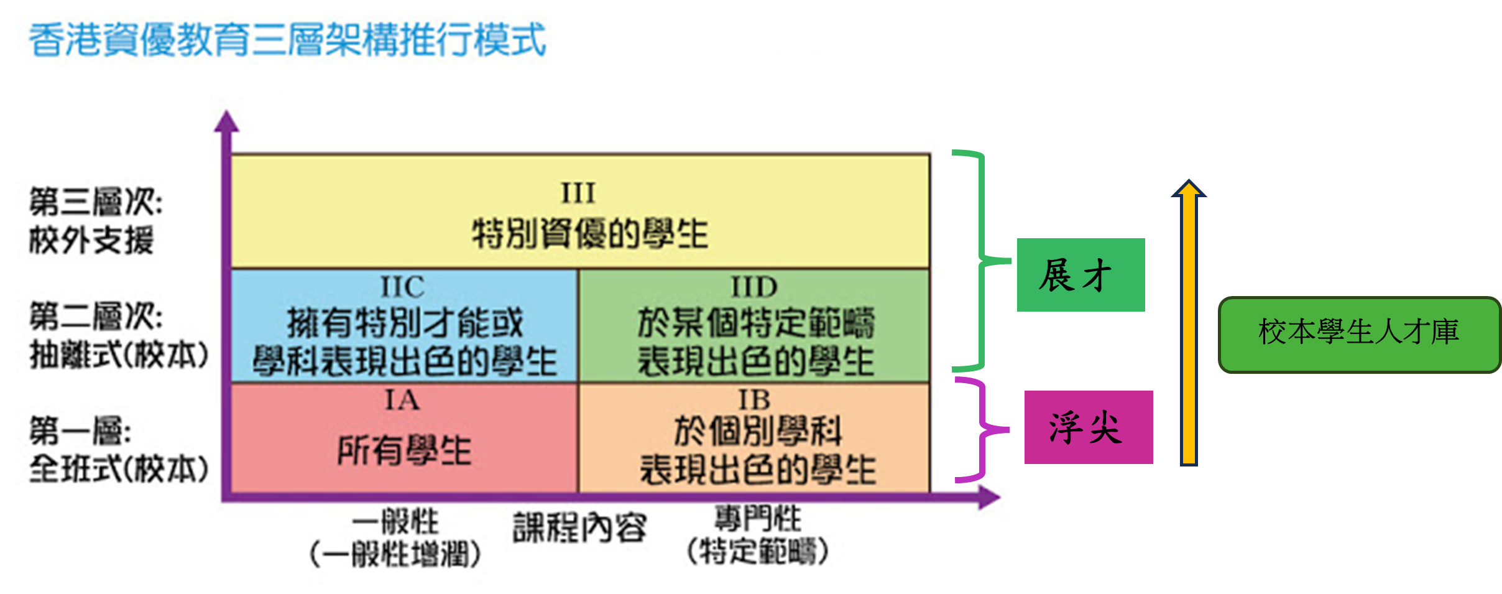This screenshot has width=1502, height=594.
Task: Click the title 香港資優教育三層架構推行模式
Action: (x=287, y=40)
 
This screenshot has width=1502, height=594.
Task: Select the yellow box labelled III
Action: (x=580, y=211)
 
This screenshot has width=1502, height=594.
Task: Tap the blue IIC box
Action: (x=404, y=326)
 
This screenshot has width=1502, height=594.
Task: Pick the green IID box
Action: (x=754, y=326)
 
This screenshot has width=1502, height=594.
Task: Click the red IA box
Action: (x=404, y=438)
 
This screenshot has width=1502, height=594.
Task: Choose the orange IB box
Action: (x=754, y=438)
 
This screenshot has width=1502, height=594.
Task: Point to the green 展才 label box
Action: (x=1080, y=275)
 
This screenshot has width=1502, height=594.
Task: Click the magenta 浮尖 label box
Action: (x=1089, y=427)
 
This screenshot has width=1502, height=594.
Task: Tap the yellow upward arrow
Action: (x=1189, y=323)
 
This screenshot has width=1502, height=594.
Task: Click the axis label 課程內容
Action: (x=579, y=527)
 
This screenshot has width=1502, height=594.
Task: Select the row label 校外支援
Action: (x=91, y=241)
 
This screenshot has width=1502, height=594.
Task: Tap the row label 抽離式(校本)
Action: (x=119, y=356)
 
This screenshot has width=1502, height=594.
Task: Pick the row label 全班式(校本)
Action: (x=119, y=469)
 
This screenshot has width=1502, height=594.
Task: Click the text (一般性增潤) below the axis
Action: (x=395, y=554)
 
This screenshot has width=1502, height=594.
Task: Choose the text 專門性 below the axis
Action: (x=757, y=518)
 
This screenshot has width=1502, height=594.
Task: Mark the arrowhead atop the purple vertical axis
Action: (x=226, y=122)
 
